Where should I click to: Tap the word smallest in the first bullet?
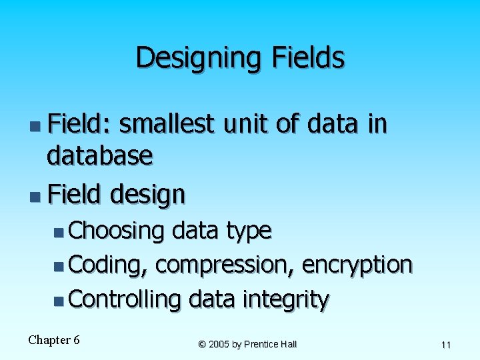pos(167,124)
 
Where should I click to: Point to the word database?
pos(99,156)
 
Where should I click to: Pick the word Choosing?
pos(116,231)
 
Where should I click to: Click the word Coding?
pos(108,265)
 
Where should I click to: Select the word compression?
pos(225,265)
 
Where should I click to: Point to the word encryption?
pos(357,265)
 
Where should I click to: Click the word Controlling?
pos(124,300)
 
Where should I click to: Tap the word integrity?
pos(285,300)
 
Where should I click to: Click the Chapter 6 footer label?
pos(53,340)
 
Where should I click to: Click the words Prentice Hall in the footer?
pos(270,344)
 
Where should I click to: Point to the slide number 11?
pos(446,345)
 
